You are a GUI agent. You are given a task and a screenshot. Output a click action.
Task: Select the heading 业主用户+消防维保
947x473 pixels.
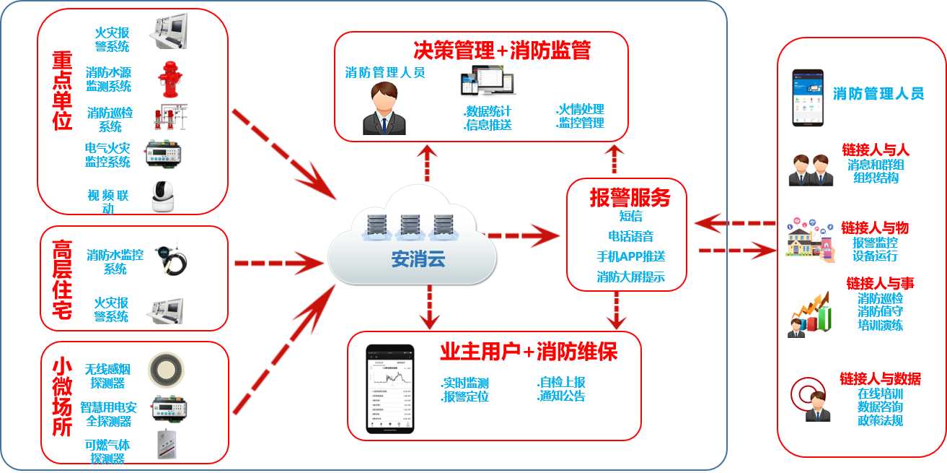coord(529,352)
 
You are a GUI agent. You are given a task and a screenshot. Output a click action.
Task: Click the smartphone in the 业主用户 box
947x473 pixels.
coord(389,389)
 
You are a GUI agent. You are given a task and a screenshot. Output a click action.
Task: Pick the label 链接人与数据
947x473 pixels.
coord(880,379)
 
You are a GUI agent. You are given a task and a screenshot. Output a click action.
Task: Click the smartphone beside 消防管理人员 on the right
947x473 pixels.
coord(808,97)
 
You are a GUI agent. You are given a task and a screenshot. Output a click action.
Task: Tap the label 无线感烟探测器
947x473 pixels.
coord(108,376)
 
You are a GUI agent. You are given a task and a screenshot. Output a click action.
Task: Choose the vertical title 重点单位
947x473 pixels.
coord(62,90)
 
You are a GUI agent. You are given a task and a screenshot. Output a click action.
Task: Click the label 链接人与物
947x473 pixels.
coord(875,228)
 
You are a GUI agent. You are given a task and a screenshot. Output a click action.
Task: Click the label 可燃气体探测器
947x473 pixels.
coord(107,452)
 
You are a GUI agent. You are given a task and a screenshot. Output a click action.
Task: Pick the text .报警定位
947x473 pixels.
coord(464,396)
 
